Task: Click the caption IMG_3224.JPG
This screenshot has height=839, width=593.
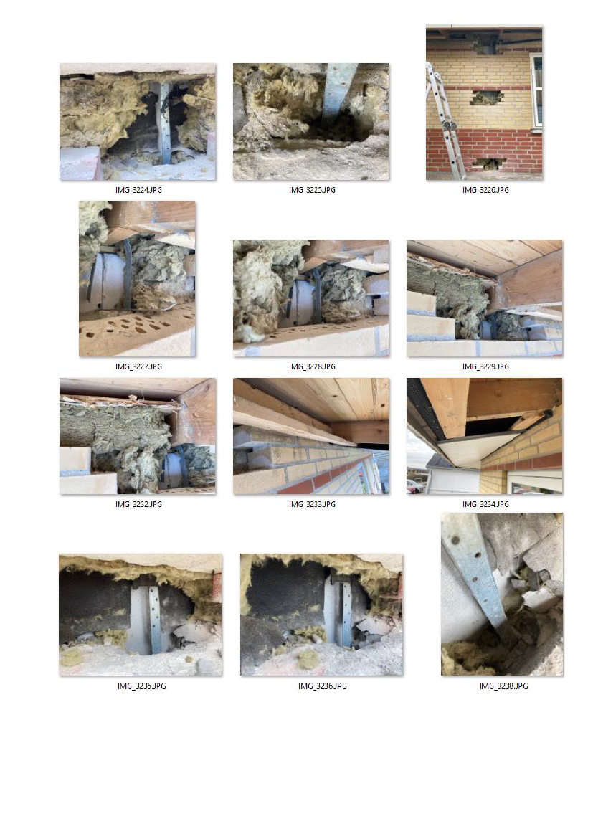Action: (138, 190)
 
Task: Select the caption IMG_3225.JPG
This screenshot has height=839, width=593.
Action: (312, 190)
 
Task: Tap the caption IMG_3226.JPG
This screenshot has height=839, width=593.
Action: (485, 190)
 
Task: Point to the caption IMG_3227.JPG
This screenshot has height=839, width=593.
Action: (138, 366)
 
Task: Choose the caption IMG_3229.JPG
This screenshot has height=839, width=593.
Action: (485, 366)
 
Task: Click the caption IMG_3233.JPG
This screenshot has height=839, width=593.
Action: (312, 504)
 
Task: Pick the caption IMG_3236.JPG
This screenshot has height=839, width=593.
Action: (322, 686)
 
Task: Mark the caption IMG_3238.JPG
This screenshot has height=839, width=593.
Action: (503, 686)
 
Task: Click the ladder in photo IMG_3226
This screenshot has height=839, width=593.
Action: (445, 121)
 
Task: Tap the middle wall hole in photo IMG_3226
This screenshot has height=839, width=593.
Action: (487, 98)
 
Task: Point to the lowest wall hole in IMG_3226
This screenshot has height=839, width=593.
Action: (490, 163)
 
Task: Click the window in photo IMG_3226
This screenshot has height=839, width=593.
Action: (536, 90)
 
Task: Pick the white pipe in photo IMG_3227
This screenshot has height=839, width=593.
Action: (105, 281)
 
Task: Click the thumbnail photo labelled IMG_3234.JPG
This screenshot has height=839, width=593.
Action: (484, 436)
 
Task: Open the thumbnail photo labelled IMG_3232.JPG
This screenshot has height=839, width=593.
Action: (138, 436)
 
